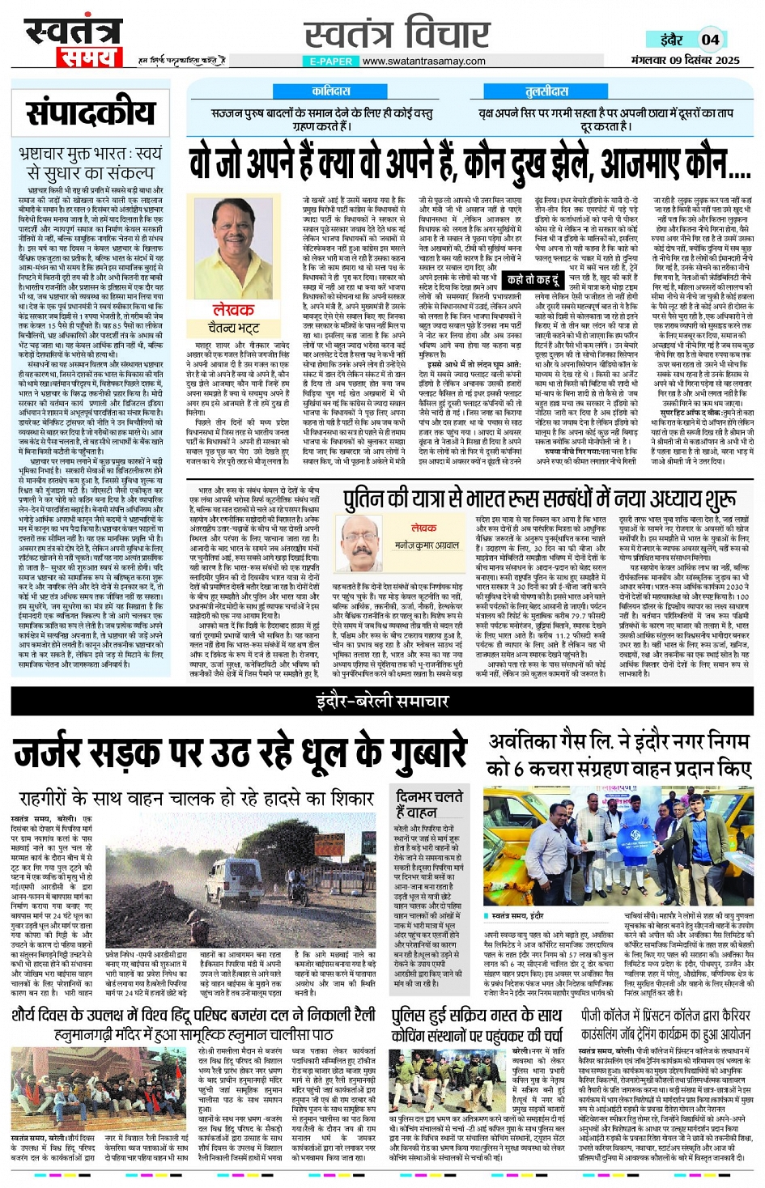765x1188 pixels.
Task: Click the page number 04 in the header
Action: [x=710, y=39]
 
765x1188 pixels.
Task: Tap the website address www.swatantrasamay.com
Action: [x=423, y=61]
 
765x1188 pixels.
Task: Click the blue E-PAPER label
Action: [x=330, y=61]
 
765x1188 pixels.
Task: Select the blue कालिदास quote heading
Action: [x=331, y=91]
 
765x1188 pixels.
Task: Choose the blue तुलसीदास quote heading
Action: [x=547, y=91]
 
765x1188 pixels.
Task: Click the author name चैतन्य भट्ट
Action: [x=234, y=328]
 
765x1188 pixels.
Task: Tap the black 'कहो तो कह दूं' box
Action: [x=533, y=280]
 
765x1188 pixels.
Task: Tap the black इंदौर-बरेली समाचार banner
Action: [x=382, y=702]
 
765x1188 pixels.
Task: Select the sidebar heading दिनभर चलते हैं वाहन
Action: [x=428, y=804]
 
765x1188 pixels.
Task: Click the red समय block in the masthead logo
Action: [x=88, y=57]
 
